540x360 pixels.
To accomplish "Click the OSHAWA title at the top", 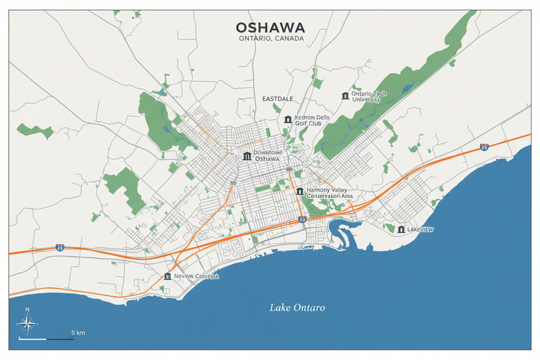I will [x=270, y=28].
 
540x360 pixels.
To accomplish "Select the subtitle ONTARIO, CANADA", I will [x=270, y=39].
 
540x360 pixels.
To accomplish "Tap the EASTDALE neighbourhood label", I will [x=277, y=99].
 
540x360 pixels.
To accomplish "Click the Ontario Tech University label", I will [x=365, y=96].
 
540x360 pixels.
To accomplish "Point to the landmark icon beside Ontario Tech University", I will [x=346, y=96].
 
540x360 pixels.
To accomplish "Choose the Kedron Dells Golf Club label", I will [x=311, y=120].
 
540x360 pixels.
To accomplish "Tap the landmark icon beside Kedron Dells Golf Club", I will [x=288, y=120].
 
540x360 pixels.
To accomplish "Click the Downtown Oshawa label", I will [x=267, y=156].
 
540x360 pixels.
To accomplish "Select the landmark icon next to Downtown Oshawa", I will [x=246, y=157].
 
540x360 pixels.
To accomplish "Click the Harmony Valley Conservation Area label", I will [x=328, y=193].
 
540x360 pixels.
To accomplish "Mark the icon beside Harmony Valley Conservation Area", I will [x=300, y=191].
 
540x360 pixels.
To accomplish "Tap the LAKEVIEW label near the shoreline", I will [x=421, y=230].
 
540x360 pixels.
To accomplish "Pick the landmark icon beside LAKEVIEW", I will [x=402, y=230].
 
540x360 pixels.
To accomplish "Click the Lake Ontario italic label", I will [x=297, y=308].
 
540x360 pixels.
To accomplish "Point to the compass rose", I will [x=28, y=324].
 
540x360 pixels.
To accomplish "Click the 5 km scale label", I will [x=78, y=333].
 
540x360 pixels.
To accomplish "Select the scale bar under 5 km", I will [x=47, y=338].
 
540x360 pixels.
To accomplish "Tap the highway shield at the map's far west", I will [x=59, y=248].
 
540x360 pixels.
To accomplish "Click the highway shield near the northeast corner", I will [x=484, y=147].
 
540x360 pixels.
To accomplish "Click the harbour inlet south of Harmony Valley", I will [x=341, y=233].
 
